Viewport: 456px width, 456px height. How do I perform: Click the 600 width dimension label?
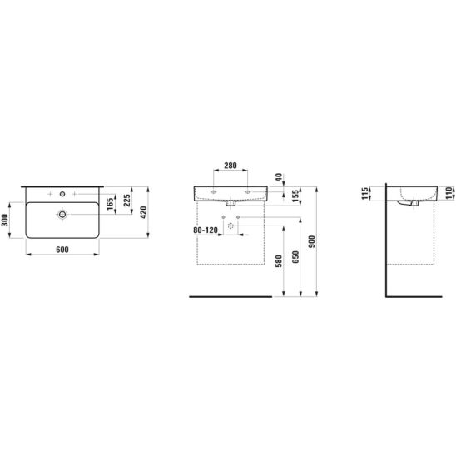click(x=62, y=250)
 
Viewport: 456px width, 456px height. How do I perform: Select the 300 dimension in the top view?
click(x=5, y=221)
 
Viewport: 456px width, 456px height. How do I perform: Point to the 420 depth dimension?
click(x=143, y=212)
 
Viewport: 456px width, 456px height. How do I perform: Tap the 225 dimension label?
click(x=127, y=201)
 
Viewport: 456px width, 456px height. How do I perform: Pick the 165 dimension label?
click(x=110, y=205)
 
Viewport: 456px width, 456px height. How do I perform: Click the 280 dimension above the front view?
click(x=230, y=166)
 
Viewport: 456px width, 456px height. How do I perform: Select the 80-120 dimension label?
click(x=206, y=230)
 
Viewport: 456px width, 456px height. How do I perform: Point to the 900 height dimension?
click(x=312, y=241)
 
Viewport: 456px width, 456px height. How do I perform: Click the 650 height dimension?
click(x=295, y=257)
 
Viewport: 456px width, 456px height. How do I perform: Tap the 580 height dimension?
click(x=279, y=260)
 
